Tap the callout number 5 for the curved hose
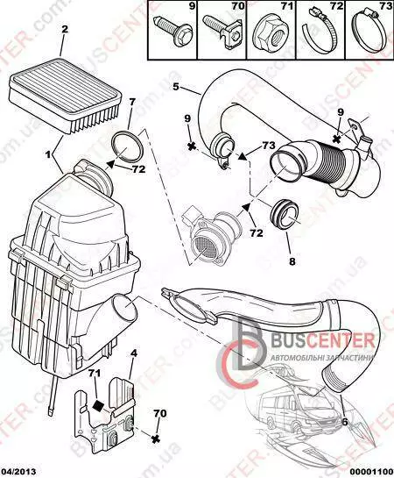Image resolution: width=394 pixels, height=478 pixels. click(x=176, y=87)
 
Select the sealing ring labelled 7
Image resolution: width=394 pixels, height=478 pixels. click(x=126, y=146)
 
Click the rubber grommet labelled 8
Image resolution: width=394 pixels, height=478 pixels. click(x=285, y=214)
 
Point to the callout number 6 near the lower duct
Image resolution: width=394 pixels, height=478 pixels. click(x=344, y=422)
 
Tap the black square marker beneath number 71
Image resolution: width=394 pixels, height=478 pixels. click(x=98, y=405)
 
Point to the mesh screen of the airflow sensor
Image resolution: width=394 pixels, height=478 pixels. click(x=203, y=247)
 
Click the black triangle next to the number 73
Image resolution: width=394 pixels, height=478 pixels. click(x=243, y=156)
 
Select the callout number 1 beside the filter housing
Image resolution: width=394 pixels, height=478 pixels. click(x=48, y=155)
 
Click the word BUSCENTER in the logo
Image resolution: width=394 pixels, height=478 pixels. click(x=323, y=340)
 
